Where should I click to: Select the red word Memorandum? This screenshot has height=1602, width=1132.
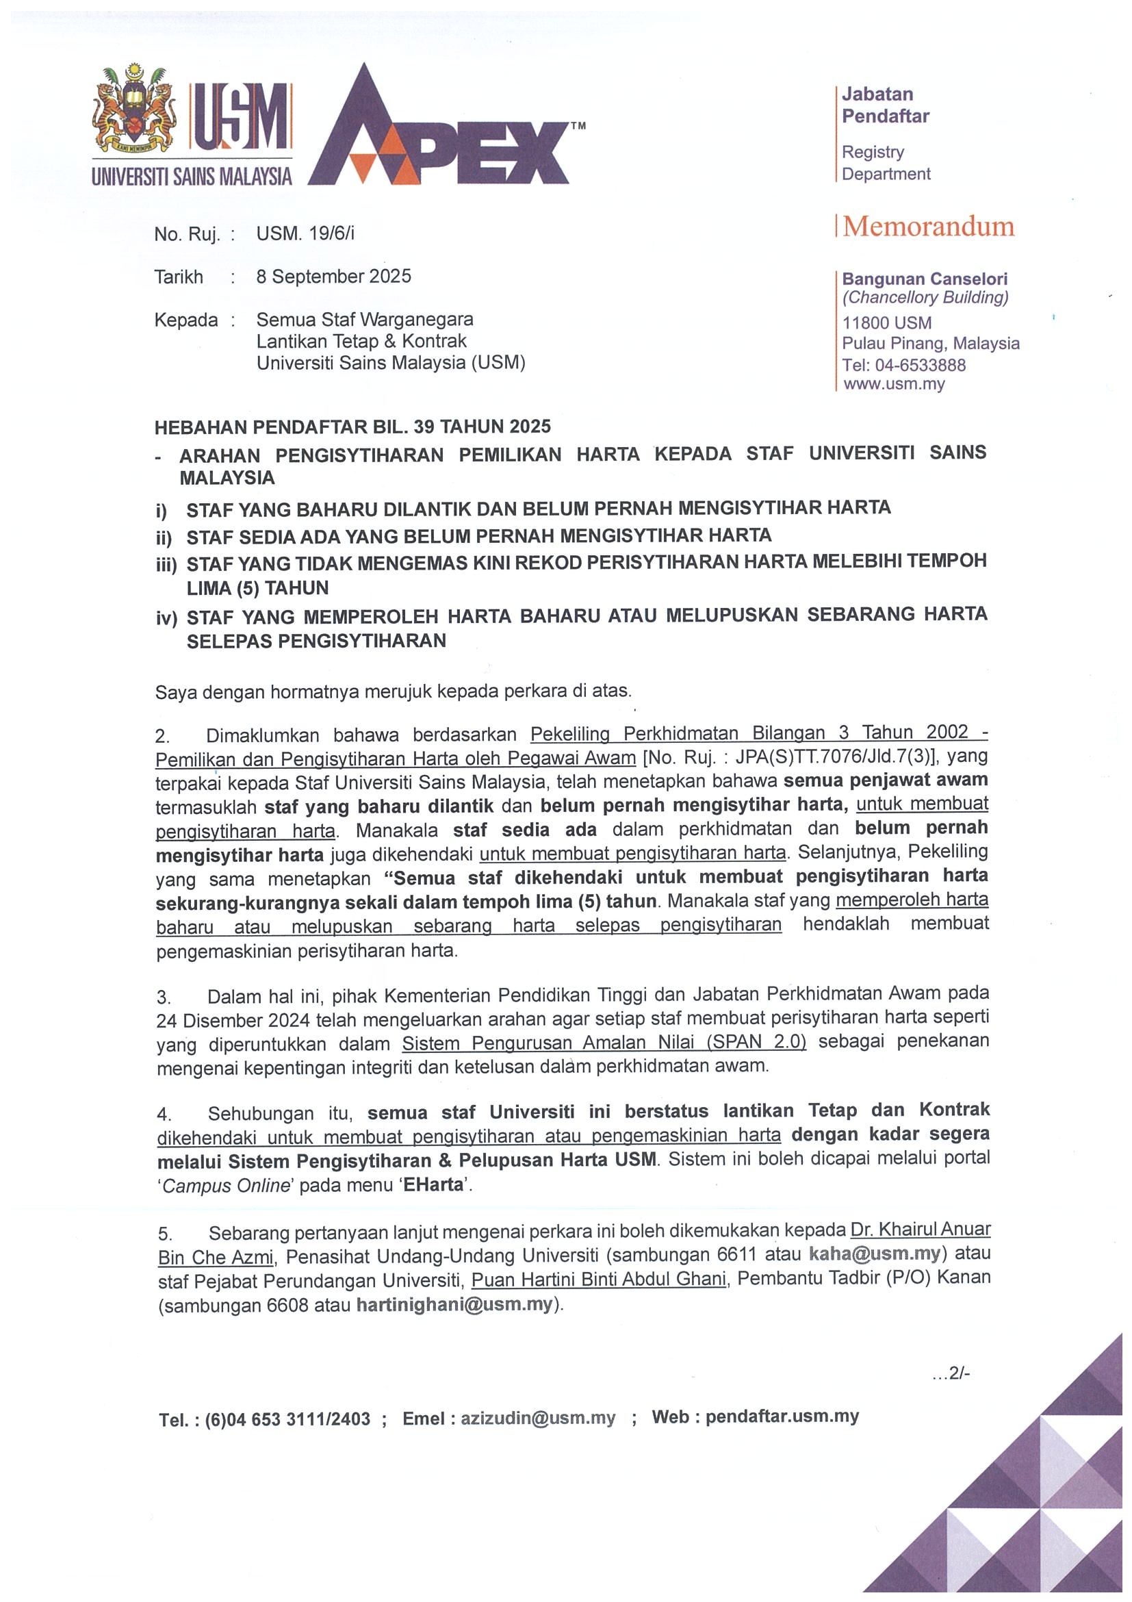(x=928, y=227)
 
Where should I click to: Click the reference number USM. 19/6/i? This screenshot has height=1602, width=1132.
(x=305, y=233)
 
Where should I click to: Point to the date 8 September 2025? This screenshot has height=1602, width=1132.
(x=333, y=277)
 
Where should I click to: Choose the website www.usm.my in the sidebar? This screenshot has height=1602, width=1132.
(x=893, y=384)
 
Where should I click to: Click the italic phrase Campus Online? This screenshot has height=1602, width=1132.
(x=224, y=1186)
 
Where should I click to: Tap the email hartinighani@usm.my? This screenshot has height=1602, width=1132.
(x=454, y=1305)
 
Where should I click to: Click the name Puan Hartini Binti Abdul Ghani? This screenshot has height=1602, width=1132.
(x=599, y=1279)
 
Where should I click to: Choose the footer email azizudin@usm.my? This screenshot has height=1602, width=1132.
(x=538, y=1419)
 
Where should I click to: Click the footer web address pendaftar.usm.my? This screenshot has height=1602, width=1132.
(x=782, y=1416)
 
